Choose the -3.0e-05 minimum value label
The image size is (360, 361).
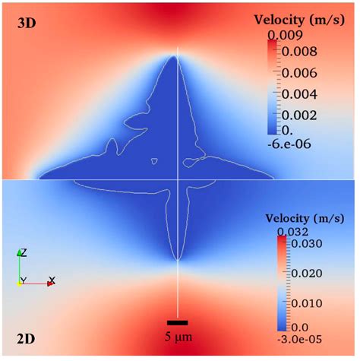coord(289,337)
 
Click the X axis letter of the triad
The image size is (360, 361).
coord(52,280)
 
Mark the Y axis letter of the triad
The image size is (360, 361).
coord(24,280)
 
